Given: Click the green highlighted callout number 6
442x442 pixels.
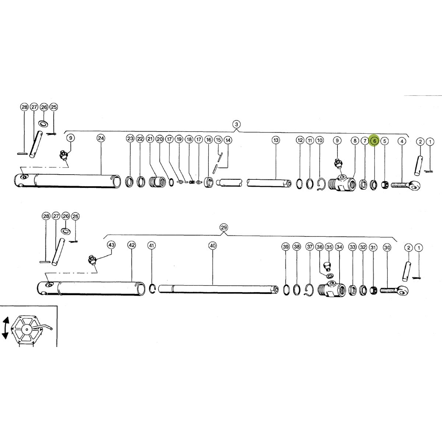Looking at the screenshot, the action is [375, 141].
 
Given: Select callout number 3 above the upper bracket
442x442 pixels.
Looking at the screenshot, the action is [236, 124].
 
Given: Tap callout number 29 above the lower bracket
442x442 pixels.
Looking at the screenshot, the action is [224, 228].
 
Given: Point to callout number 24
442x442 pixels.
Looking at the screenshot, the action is [101, 138].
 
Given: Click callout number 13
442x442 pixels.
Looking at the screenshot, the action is [276, 140].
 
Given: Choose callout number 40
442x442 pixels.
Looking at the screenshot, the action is [213, 246].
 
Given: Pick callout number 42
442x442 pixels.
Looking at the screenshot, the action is [131, 245].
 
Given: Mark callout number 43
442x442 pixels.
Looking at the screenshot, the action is [111, 245].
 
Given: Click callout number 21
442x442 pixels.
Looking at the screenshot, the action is [150, 139].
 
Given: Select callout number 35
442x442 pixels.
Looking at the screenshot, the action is [329, 247].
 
